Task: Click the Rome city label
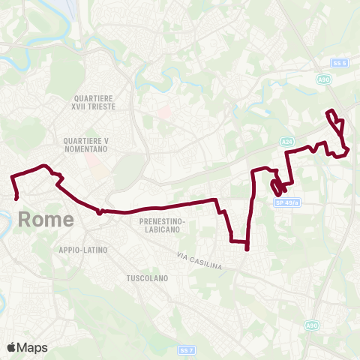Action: (46, 220)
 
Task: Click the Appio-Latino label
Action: (82, 249)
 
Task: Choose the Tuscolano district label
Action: (146, 277)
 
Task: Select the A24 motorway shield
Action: (287, 140)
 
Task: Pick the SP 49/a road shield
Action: (286, 202)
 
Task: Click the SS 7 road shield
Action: (186, 349)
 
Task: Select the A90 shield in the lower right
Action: (311, 325)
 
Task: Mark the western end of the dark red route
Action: (16, 198)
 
